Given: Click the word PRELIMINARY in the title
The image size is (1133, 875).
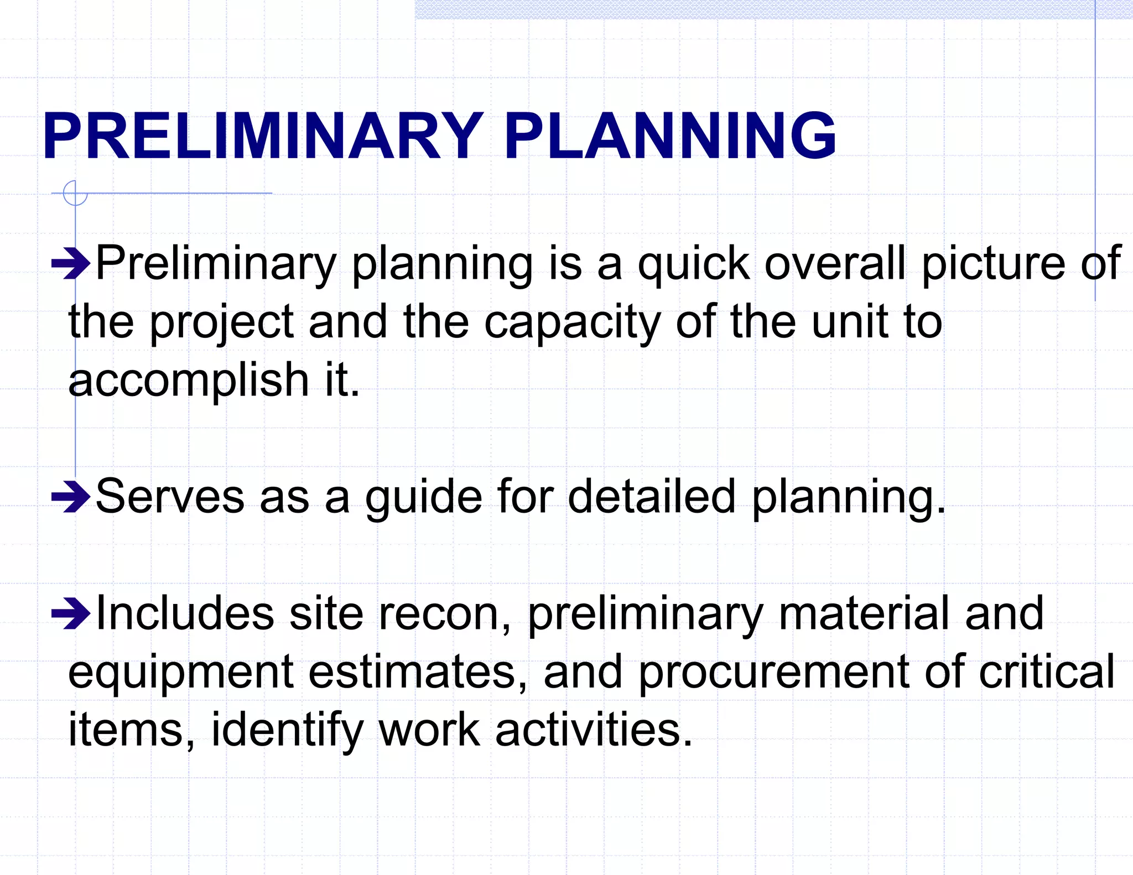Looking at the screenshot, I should click(263, 136).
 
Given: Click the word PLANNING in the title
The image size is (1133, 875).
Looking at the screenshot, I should click(670, 136).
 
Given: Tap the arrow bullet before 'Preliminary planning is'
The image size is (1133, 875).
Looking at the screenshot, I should click(70, 264).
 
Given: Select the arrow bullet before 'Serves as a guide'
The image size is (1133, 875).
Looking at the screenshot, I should click(70, 497).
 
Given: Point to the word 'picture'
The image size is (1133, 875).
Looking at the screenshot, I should click(993, 264).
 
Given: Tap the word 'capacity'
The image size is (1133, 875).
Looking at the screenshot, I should click(572, 323).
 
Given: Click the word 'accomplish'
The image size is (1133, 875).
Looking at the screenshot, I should click(189, 382).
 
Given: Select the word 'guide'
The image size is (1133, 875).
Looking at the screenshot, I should click(423, 497).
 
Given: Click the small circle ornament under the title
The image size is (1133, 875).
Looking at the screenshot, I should click(75, 194).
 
